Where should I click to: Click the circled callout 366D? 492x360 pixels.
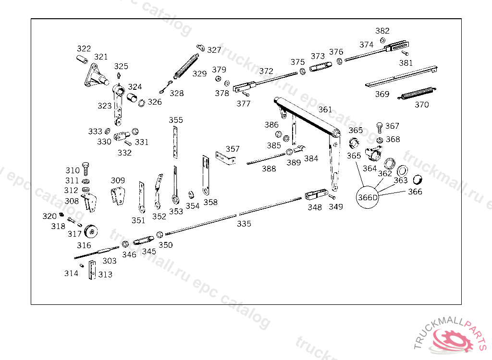(368, 197)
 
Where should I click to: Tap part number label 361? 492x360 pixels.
(325, 109)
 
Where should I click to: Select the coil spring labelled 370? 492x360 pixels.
(417, 93)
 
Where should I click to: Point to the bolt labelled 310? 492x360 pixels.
(86, 168)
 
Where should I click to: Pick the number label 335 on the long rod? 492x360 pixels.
(244, 224)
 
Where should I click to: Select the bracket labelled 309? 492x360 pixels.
(117, 196)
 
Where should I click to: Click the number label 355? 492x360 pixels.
(176, 120)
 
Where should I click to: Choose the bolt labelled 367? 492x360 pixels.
(379, 127)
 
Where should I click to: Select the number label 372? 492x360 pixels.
(266, 71)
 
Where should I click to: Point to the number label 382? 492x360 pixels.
(382, 31)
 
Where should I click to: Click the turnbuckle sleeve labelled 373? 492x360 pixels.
(320, 68)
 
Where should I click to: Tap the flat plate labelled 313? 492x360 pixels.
(92, 270)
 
